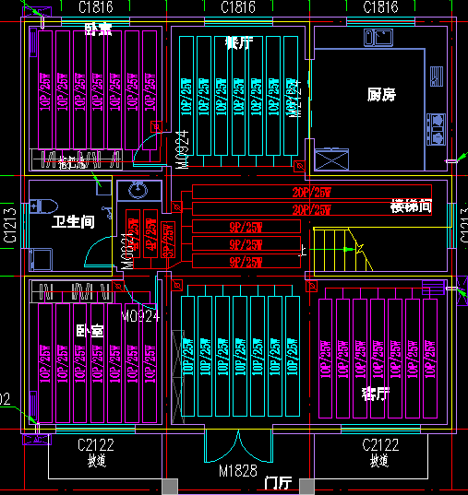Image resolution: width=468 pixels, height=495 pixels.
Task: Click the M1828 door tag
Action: pos(236,471)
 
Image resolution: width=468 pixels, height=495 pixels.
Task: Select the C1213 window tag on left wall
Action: pos(9,224)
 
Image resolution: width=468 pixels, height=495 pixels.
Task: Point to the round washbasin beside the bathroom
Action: pos(138,191)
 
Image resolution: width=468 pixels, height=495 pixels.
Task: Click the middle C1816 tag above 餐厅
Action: pos(237,7)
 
